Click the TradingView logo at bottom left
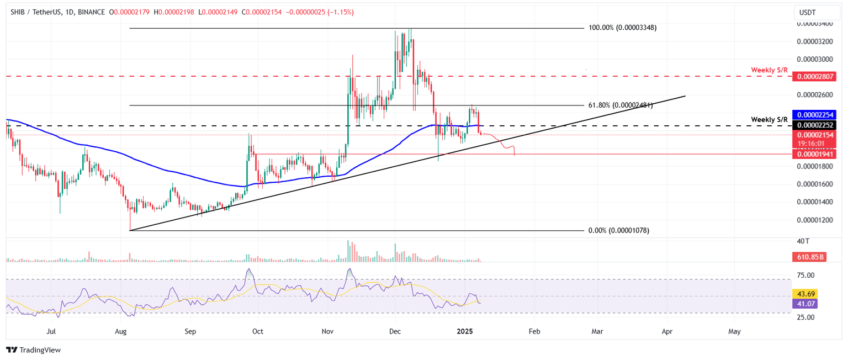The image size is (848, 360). (33, 350)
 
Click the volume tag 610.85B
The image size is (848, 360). (808, 257)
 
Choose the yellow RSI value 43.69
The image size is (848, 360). (804, 294)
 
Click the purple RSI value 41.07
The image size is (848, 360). (804, 303)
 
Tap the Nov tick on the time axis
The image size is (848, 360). (328, 332)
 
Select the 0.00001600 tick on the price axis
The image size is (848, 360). (813, 184)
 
